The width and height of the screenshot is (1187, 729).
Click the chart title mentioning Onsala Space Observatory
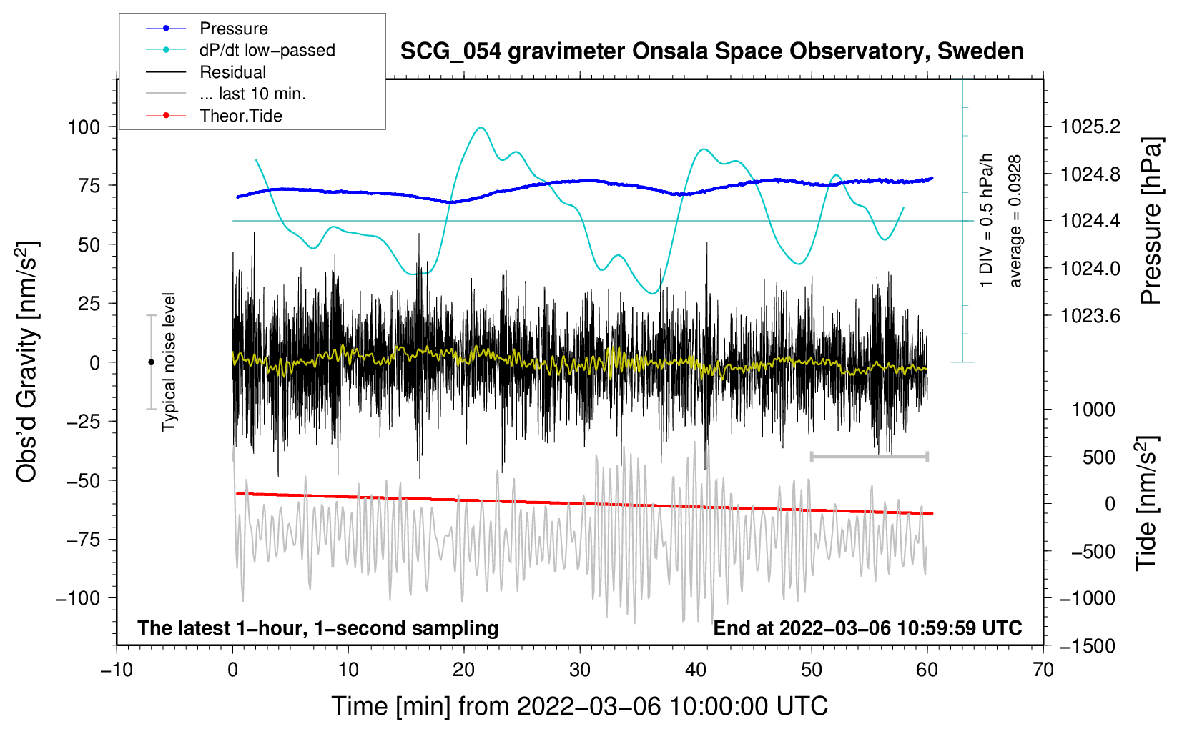point(711,51)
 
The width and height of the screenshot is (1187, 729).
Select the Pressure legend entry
point(233,29)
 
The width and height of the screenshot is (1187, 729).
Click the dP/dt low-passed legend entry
point(267,50)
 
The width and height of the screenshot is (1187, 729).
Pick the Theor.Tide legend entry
point(240,116)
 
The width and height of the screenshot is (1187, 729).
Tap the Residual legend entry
point(232,72)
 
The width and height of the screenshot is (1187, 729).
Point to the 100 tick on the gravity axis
point(84,127)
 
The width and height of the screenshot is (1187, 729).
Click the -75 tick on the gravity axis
point(80,540)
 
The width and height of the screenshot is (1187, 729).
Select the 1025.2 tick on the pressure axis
point(1090,127)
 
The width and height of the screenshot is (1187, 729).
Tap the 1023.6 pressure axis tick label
point(1090,316)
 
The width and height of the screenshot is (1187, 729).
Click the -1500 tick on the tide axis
point(1087,646)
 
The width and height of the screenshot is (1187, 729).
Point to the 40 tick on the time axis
point(696,670)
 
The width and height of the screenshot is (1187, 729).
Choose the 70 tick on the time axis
point(1043,670)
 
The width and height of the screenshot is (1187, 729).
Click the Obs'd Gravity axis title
point(27,362)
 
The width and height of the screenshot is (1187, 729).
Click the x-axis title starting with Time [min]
point(579,706)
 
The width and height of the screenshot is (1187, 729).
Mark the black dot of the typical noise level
point(151,362)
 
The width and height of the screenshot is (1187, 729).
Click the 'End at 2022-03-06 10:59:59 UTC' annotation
point(867,628)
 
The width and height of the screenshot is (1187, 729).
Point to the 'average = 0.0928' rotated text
point(1015,222)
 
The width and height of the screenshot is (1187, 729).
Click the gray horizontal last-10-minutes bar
point(869,456)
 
